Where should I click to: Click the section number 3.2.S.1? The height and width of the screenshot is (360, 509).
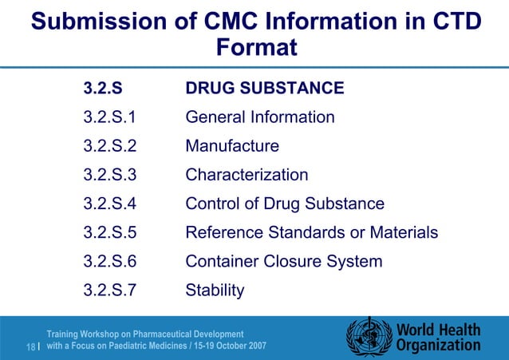109,117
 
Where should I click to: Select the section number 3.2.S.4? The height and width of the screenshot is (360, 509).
109,204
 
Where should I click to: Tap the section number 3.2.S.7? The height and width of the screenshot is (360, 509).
109,290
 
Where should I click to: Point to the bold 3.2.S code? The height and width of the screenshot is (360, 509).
103,88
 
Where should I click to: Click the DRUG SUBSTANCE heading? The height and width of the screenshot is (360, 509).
264,88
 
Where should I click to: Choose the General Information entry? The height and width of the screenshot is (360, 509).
259,117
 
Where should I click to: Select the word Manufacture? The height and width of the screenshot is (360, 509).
231,146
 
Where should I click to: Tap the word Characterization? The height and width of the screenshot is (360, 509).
247,175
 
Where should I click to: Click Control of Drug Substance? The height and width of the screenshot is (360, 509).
284,204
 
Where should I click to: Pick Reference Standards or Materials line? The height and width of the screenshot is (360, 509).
311,232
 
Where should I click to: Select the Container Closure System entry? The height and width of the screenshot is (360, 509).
283,261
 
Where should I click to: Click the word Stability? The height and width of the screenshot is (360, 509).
215,290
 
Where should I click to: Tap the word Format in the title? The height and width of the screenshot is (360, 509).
256,48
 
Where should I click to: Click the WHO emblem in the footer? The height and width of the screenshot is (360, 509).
368,338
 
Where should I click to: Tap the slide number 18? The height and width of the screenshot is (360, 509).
31,346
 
